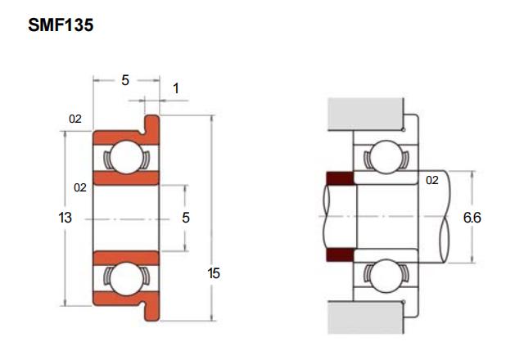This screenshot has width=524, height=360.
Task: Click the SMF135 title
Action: point(61,25)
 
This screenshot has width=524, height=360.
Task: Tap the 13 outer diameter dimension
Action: point(65,218)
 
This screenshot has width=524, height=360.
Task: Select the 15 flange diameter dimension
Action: point(214,273)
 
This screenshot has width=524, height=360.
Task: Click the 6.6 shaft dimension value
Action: point(472,218)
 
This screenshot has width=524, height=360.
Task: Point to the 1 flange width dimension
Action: point(176,89)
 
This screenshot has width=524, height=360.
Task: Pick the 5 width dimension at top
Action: point(125,80)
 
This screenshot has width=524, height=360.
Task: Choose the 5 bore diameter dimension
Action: point(186,218)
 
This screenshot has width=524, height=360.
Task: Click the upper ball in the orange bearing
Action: point(127,157)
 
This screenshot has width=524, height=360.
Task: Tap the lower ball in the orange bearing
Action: point(127,278)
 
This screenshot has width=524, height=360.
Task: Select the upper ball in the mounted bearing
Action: point(386,156)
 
